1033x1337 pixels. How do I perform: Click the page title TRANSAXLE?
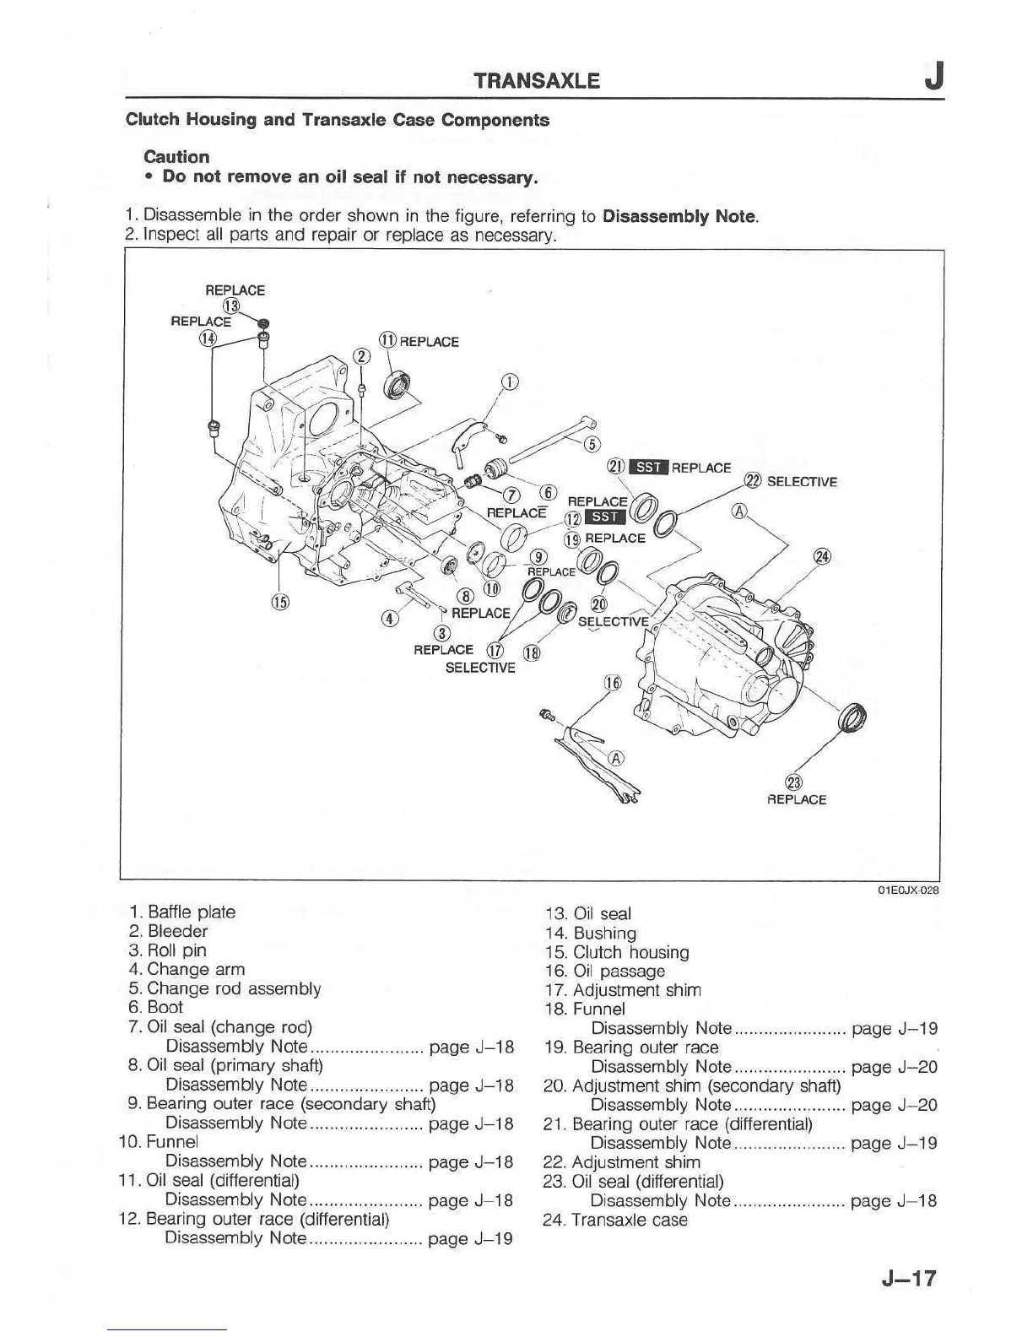(x=537, y=81)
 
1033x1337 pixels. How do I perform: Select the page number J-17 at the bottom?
(x=909, y=1278)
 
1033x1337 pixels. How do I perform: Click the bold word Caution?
(x=176, y=157)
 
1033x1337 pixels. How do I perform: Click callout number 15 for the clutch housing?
(x=279, y=602)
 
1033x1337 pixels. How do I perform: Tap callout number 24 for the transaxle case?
(x=821, y=556)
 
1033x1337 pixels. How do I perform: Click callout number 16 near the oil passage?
(x=614, y=683)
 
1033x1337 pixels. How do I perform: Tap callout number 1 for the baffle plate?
(x=510, y=382)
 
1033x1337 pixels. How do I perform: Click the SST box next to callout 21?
(x=650, y=468)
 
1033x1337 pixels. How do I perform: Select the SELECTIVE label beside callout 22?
(x=802, y=482)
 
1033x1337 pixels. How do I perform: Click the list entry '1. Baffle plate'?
(x=182, y=912)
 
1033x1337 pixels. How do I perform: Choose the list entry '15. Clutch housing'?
(x=616, y=952)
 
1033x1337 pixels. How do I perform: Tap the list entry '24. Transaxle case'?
(x=615, y=1220)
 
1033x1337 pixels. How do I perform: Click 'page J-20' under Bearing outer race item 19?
(x=895, y=1067)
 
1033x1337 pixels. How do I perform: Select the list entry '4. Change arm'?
(x=187, y=970)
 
